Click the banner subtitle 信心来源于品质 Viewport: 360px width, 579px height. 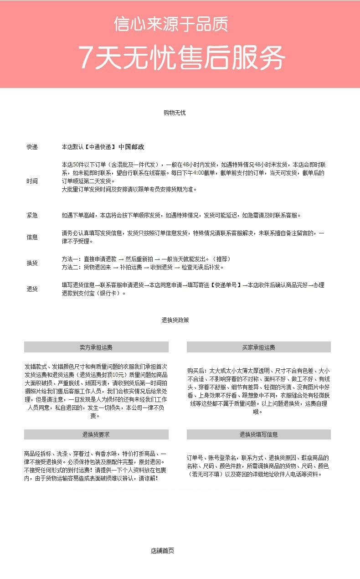[171, 24]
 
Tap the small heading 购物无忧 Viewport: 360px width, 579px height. [175, 113]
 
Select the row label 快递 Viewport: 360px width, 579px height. [32, 147]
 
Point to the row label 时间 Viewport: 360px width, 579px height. [32, 181]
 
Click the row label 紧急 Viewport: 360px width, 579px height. [32, 215]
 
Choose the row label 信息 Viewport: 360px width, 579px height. [32, 237]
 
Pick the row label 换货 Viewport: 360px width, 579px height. [32, 263]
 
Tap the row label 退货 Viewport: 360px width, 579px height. [32, 289]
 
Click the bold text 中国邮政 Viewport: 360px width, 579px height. [131, 147]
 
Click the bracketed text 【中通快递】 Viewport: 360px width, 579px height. [99, 147]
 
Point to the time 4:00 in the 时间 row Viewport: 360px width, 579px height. [198, 173]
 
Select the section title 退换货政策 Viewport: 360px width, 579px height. [175, 320]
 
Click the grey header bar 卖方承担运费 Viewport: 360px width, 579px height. [96, 347]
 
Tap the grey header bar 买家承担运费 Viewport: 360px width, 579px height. [258, 347]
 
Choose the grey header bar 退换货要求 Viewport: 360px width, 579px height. [96, 434]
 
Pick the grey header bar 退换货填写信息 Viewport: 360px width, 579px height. [258, 434]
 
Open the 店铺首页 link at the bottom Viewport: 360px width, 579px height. [162, 550]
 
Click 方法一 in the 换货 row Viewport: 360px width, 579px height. [71, 259]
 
